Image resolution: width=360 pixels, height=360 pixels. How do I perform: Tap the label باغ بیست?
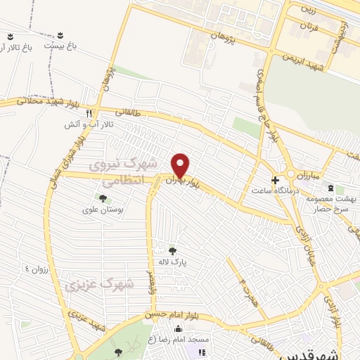pyautogui.click(x=60, y=45)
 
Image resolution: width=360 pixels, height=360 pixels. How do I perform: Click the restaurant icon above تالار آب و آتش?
pyautogui.click(x=89, y=112)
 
